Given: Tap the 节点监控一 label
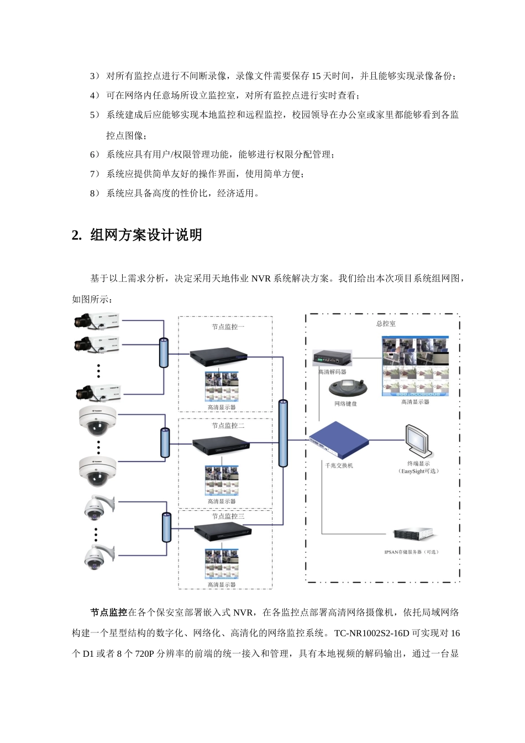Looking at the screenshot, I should pos(228,327).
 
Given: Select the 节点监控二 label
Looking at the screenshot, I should pos(228,426).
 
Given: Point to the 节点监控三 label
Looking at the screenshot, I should pos(228,516).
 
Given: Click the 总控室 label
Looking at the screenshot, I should pos(385,323).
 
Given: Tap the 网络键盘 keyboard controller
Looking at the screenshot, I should pos(345,387).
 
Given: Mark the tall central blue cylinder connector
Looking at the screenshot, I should pos(283,433).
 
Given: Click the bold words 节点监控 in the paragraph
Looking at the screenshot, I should pos(109,612).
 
